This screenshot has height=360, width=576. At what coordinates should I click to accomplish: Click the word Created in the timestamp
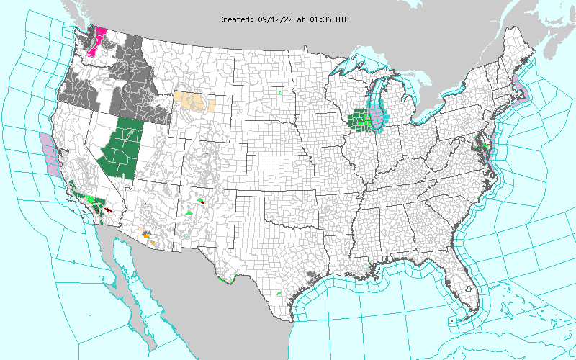coord(235,19)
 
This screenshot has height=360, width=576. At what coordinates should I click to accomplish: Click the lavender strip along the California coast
coord(49,153)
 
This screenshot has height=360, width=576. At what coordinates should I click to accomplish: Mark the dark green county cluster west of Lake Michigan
coord(358,118)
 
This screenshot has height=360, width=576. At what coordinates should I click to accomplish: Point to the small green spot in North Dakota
coord(280,92)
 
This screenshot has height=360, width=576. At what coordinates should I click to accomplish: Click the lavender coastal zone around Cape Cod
coord(520,91)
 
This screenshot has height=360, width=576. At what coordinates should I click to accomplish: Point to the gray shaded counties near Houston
coord(311,274)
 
